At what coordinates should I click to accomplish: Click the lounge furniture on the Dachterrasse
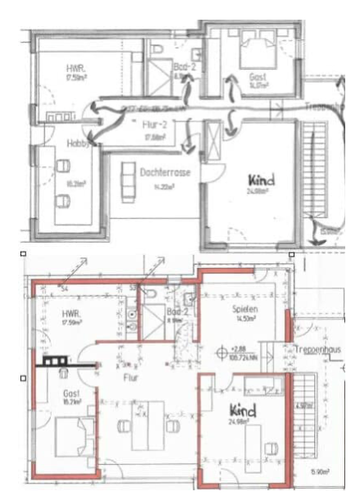(x=128, y=181)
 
